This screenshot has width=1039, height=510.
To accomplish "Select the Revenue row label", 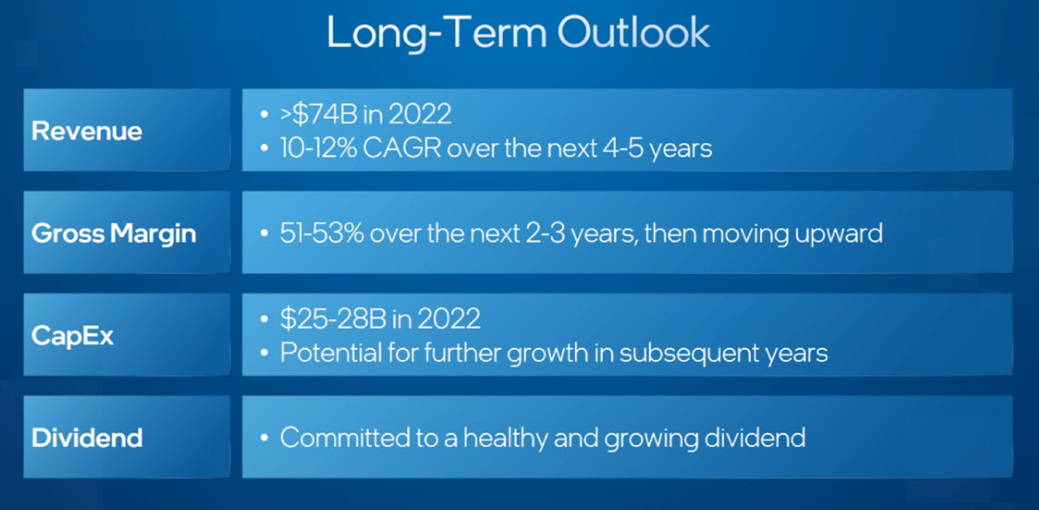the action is pos(87,131).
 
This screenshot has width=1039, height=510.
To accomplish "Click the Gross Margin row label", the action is pos(114,234).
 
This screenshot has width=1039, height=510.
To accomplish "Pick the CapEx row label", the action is pos(72,337).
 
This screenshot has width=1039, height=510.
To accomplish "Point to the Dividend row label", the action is pos(87,438).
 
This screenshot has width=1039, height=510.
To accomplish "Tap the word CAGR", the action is pos(404,148).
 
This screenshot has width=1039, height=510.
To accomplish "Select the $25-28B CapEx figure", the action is pos(328,320).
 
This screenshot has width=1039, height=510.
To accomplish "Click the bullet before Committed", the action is pos(265,439).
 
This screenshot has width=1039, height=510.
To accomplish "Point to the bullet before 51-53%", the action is pos(265,235).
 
